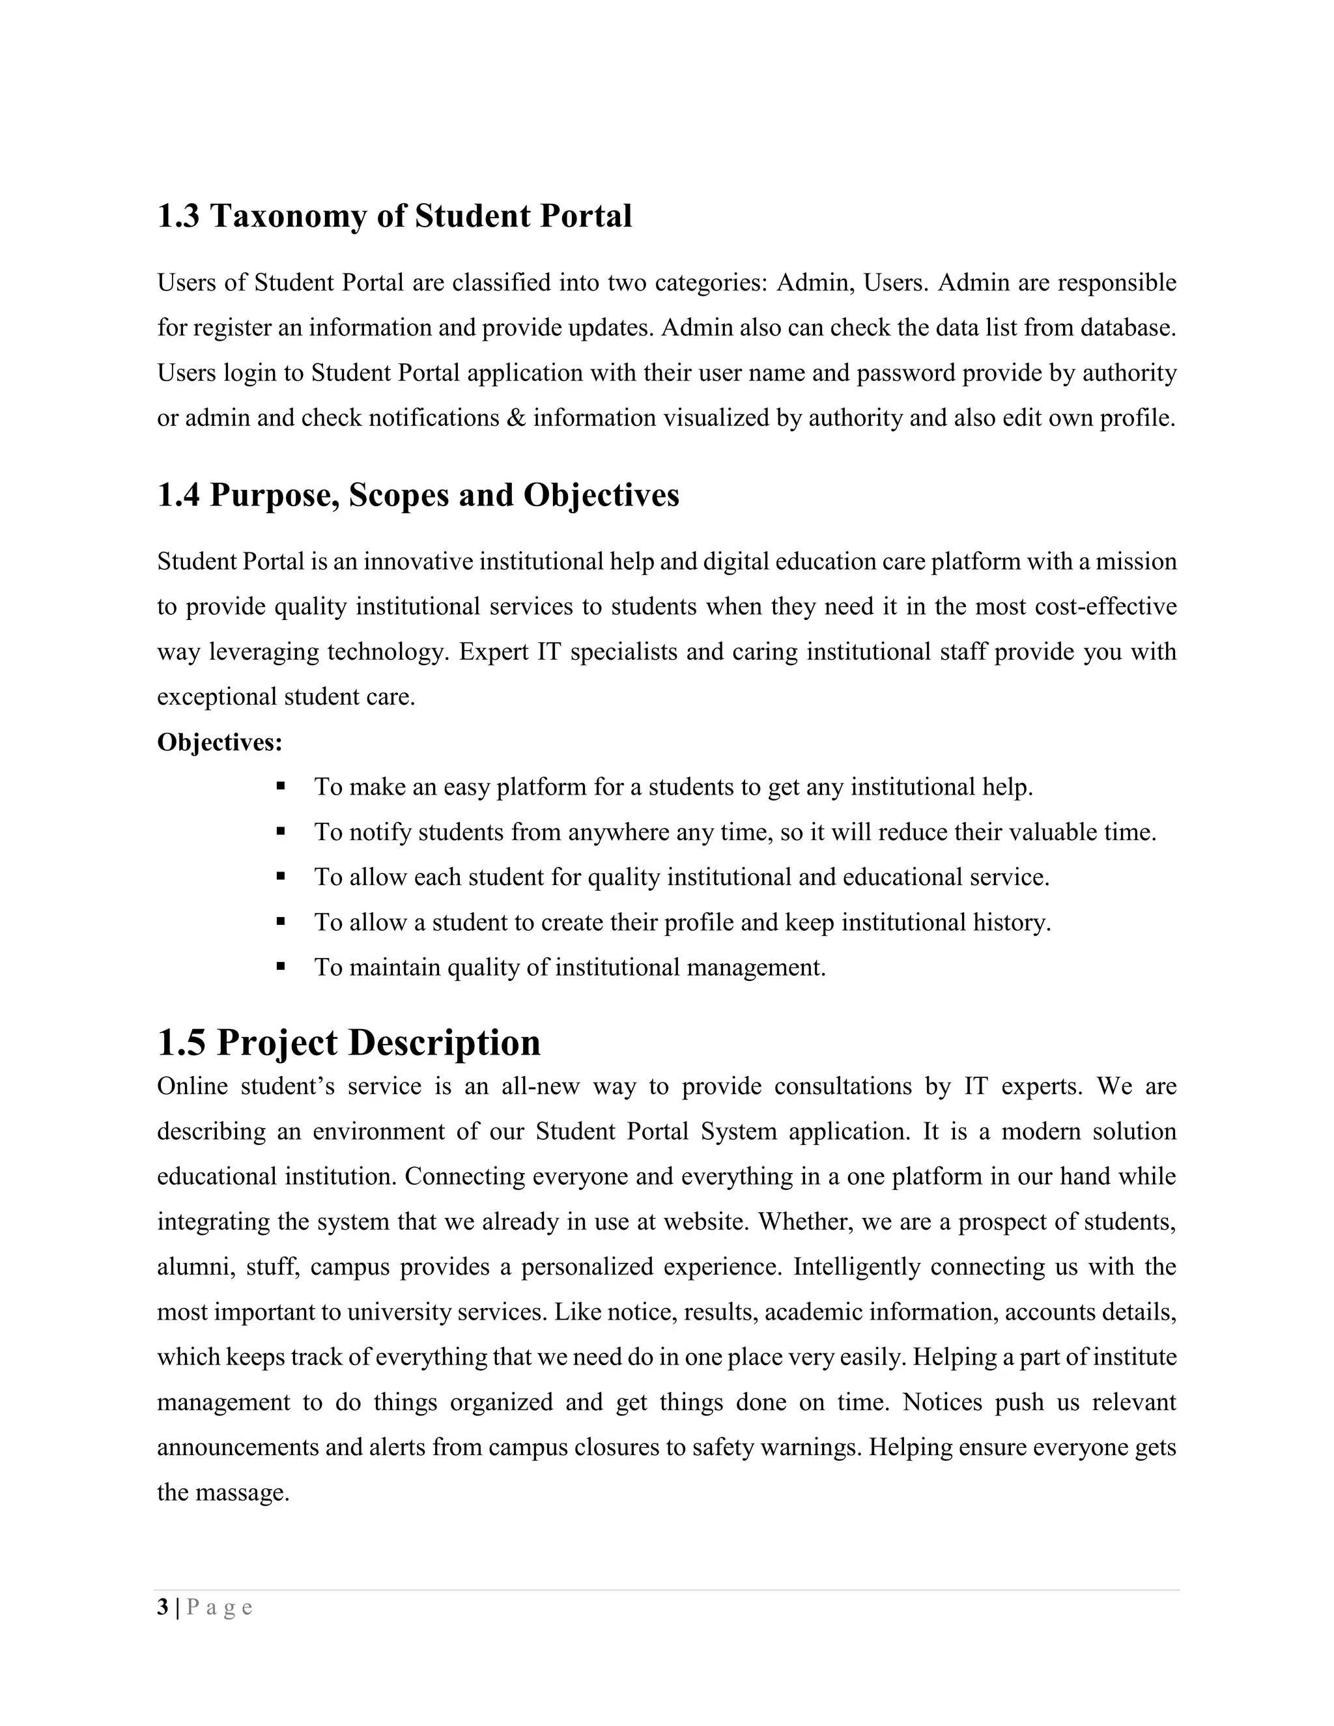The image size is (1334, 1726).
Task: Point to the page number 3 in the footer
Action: (163, 1607)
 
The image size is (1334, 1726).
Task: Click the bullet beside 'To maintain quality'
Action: (281, 966)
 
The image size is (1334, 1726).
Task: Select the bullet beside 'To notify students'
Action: (281, 830)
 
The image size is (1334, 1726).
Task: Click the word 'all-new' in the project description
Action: (540, 1086)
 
